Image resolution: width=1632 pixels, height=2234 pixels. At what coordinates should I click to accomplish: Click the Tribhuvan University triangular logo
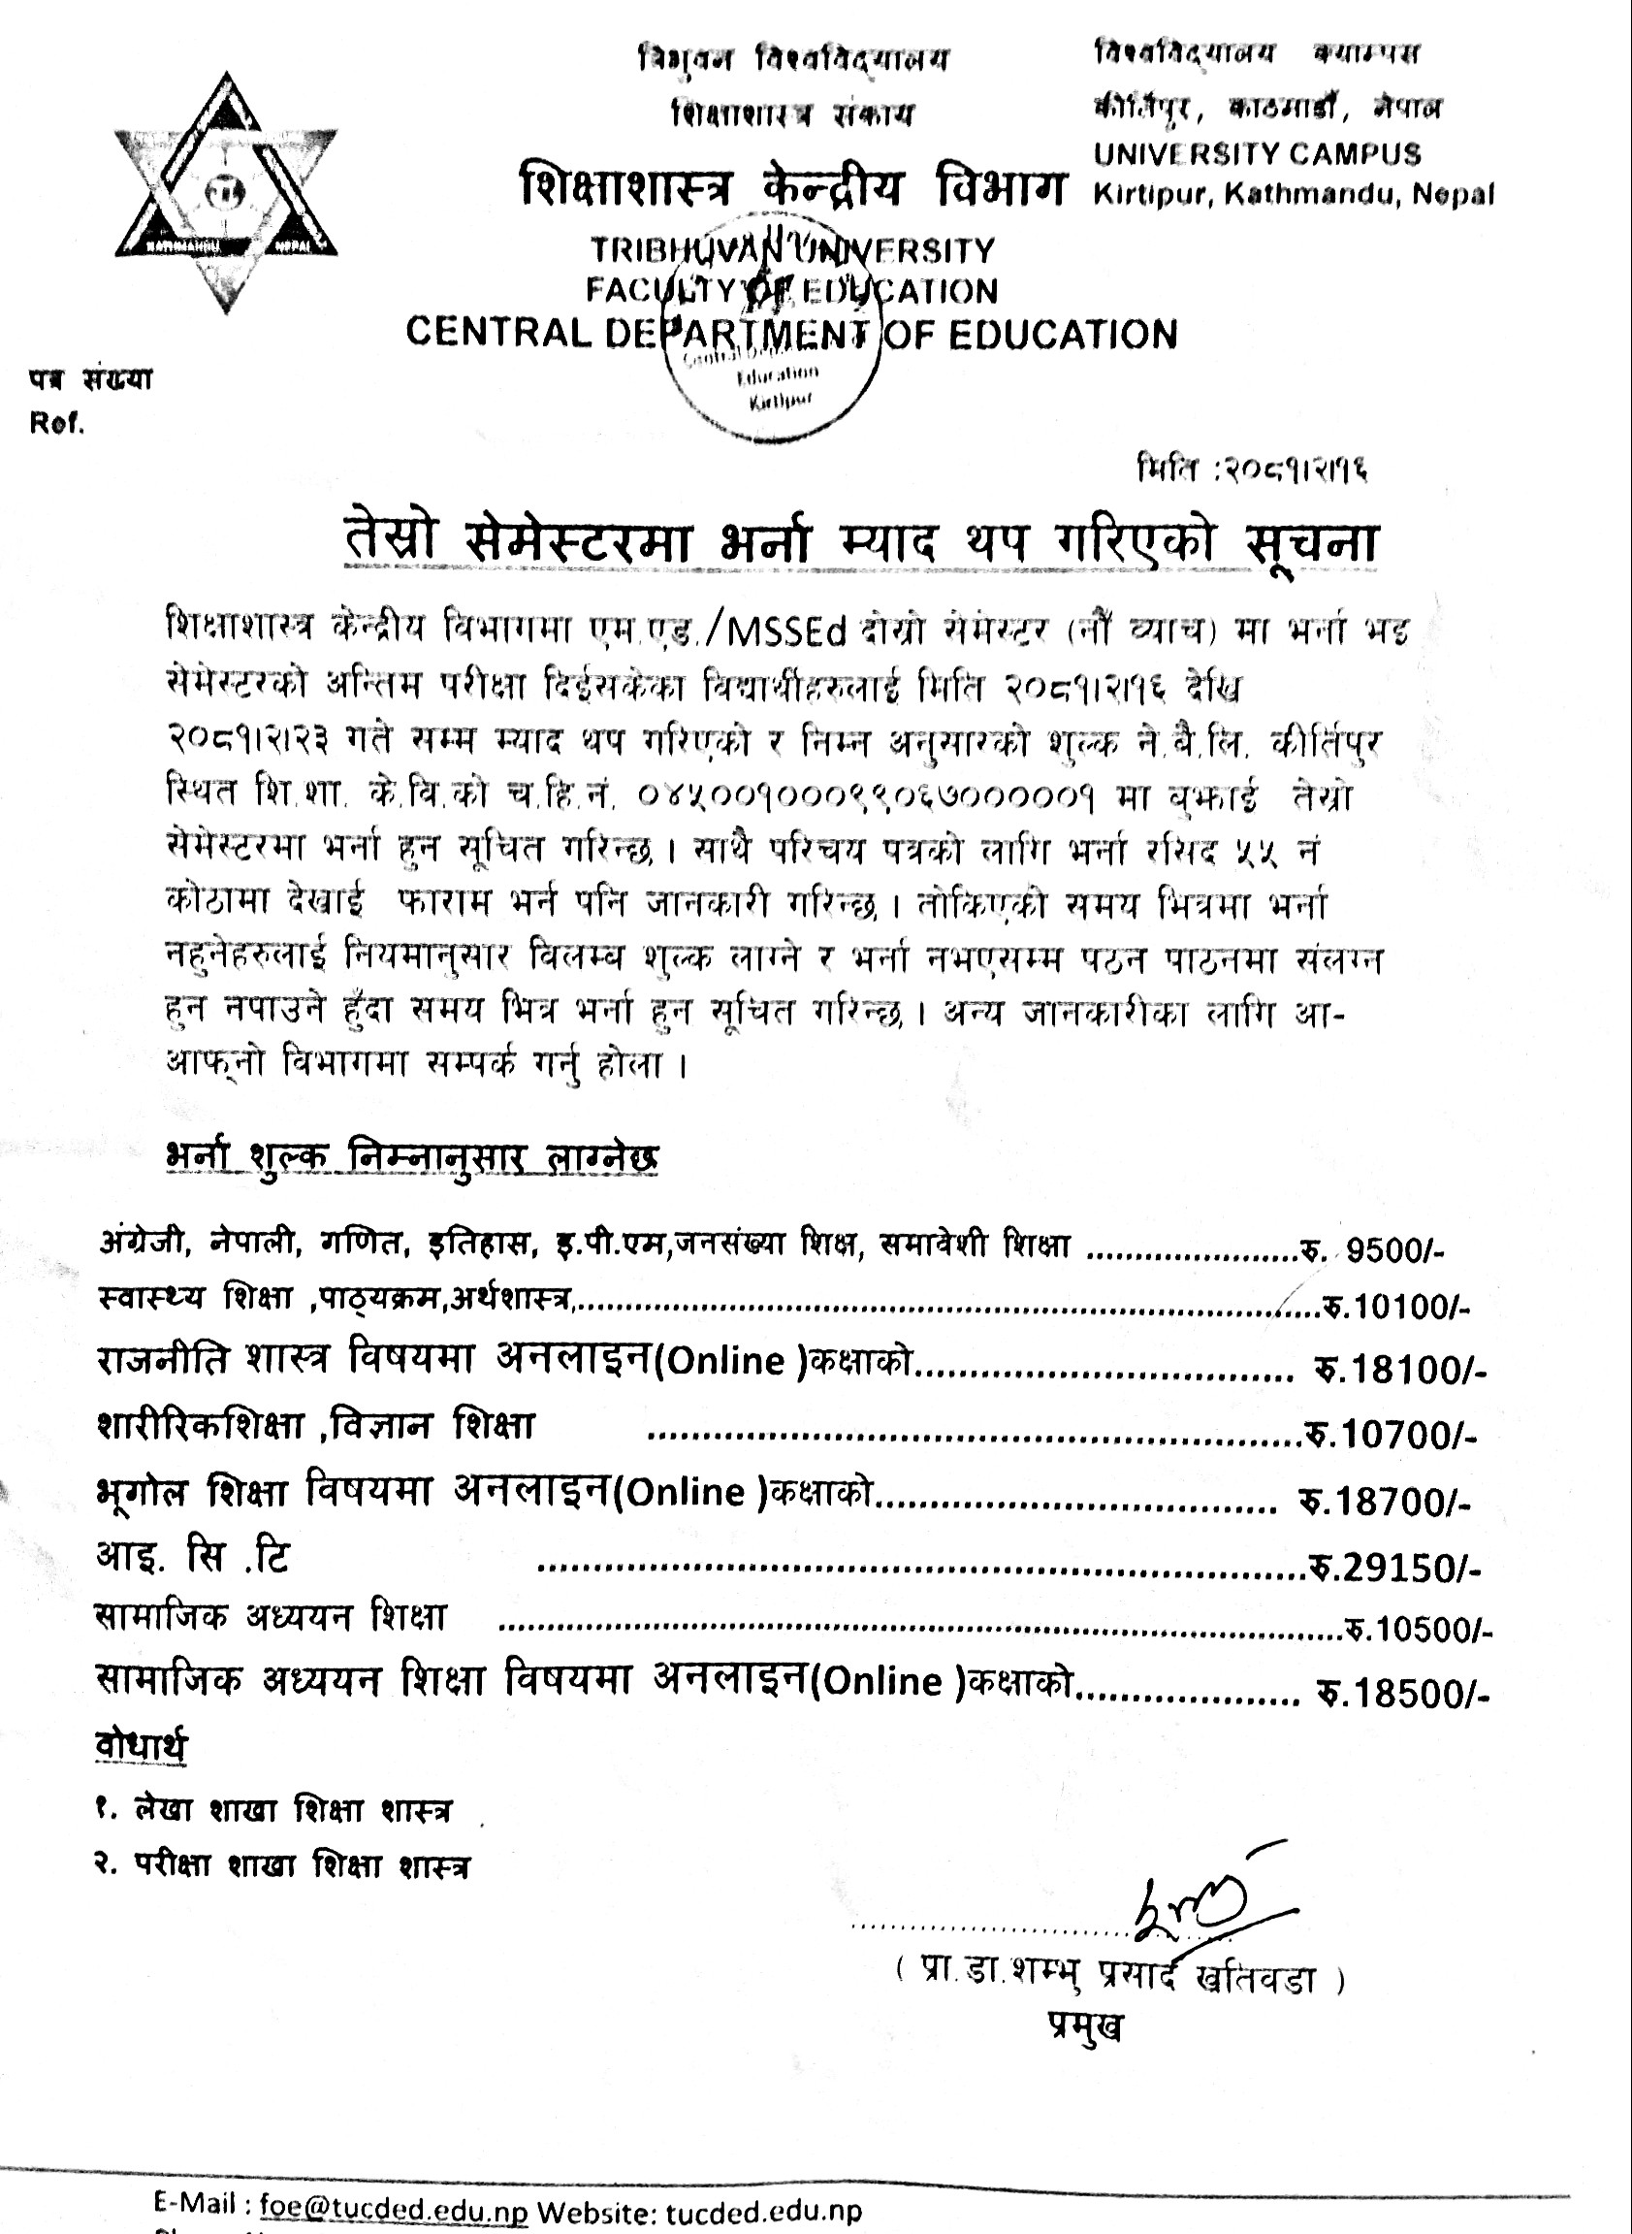tap(226, 193)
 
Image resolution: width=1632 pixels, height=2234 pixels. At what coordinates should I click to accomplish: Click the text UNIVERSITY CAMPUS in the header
tap(1257, 154)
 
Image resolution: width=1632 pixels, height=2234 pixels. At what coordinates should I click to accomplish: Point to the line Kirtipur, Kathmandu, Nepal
tap(1294, 195)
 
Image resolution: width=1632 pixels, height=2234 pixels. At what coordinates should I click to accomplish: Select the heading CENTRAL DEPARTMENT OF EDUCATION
tap(791, 333)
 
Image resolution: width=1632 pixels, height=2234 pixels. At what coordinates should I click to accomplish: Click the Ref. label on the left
tap(57, 424)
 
